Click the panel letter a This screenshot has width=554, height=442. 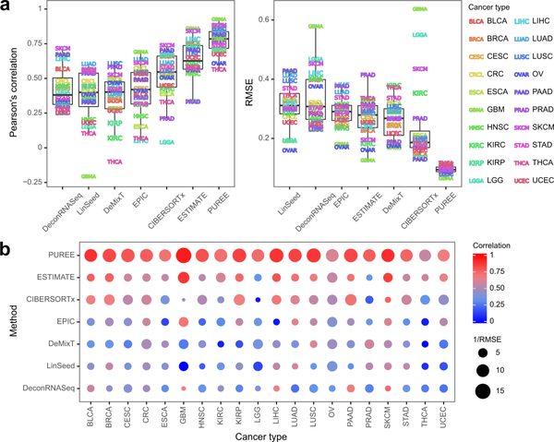pyautogui.click(x=7, y=7)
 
